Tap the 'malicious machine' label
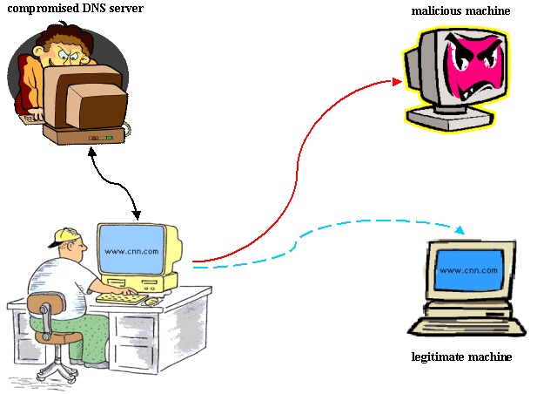460,11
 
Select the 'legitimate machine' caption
460,357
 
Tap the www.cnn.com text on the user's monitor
131,251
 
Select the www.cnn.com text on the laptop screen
469,270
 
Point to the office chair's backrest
44,307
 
